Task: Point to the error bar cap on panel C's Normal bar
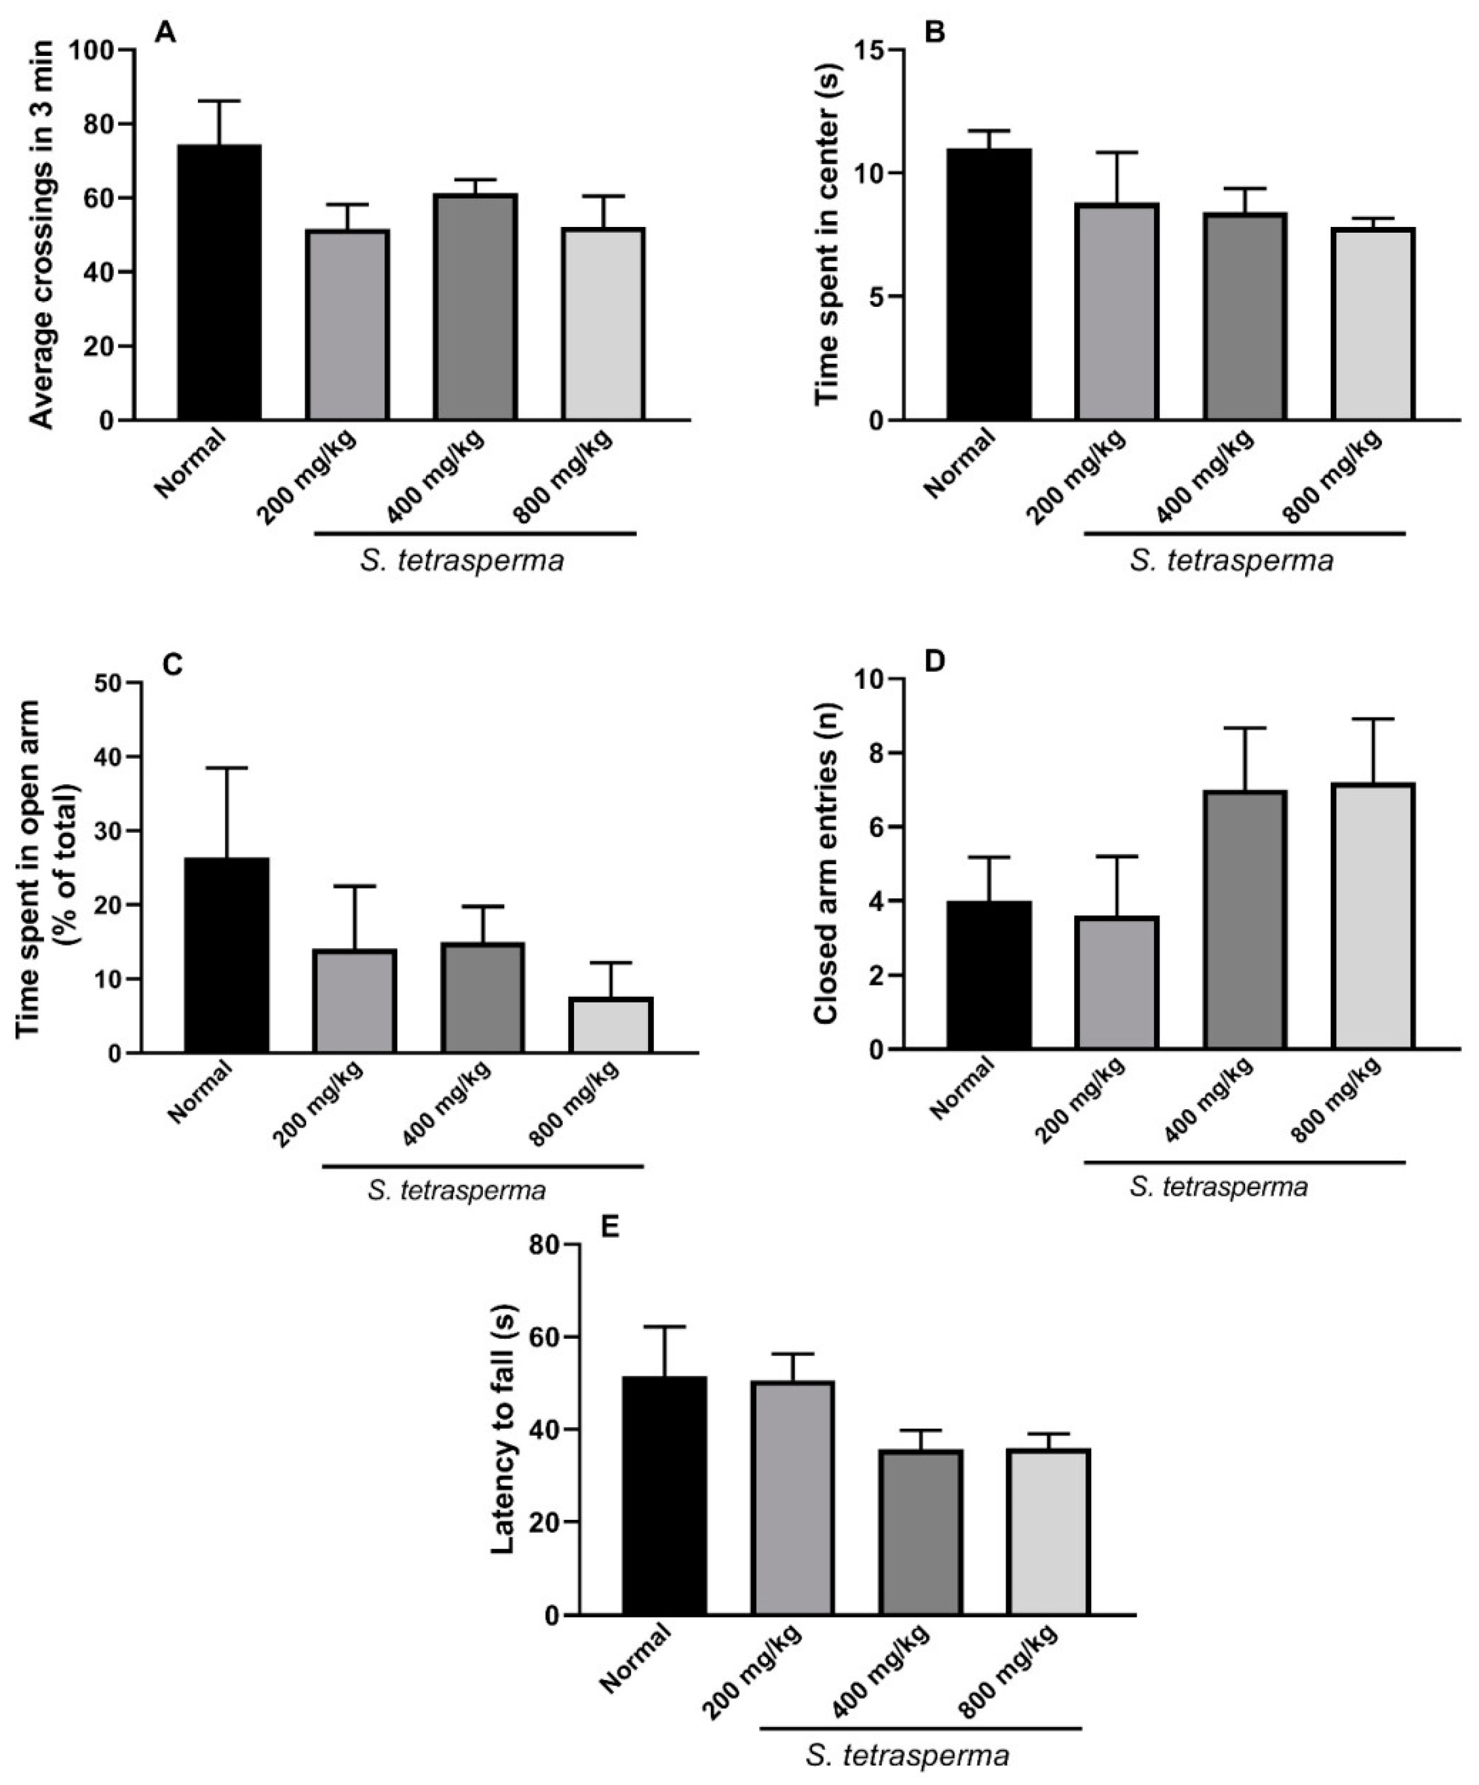(227, 768)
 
